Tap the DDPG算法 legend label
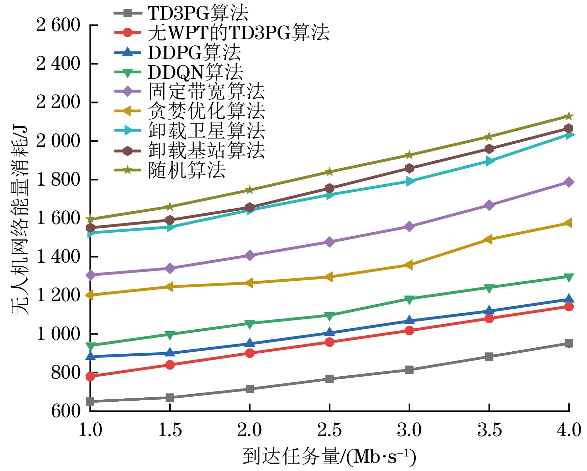pos(194,52)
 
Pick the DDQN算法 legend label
pos(195,72)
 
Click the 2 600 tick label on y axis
pos(58,25)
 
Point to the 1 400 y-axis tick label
pos(58,257)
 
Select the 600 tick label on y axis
pos(66,411)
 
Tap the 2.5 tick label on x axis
pos(329,430)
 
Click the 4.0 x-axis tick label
pos(569,430)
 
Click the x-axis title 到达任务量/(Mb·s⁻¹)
pos(329,457)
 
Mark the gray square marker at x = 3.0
pos(409,370)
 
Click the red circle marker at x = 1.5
pos(170,365)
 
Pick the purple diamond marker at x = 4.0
pos(569,182)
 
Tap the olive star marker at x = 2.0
pos(250,190)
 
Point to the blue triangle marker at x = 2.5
pos(329,332)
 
